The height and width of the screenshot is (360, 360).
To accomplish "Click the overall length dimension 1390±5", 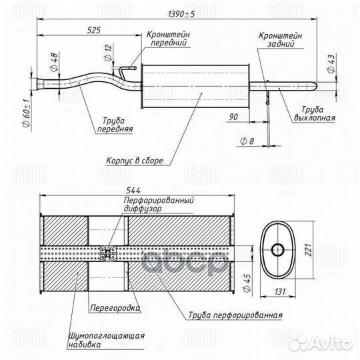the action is point(181,14).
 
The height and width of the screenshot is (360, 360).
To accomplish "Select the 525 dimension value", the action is point(94,30).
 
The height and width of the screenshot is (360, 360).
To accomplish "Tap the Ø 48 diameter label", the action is point(54,62).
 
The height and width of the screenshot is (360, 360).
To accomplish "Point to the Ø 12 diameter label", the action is point(109,53).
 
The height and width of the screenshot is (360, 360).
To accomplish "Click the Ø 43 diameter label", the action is point(331,63).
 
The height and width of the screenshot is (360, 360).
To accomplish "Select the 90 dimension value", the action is point(233,117).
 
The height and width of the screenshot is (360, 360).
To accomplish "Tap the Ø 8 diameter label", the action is point(247,141).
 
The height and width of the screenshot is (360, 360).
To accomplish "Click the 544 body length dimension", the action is point(133,190).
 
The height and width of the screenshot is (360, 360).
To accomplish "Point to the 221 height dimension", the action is point(309,250).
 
